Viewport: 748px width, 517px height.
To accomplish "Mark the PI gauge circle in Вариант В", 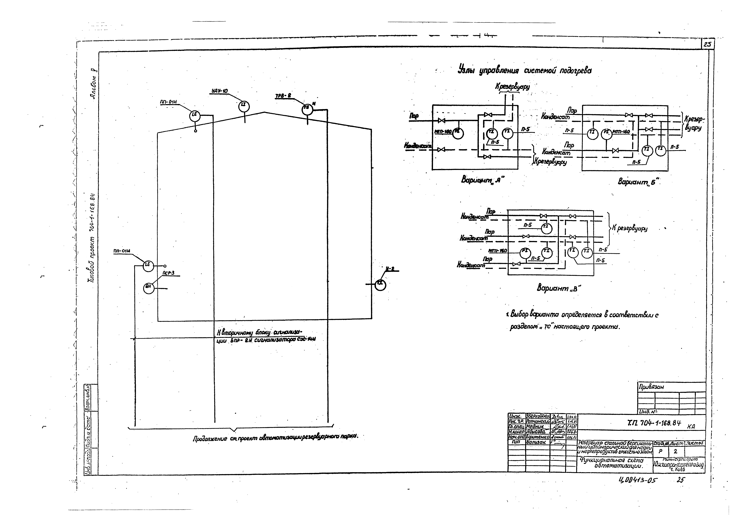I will tap(525, 253).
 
